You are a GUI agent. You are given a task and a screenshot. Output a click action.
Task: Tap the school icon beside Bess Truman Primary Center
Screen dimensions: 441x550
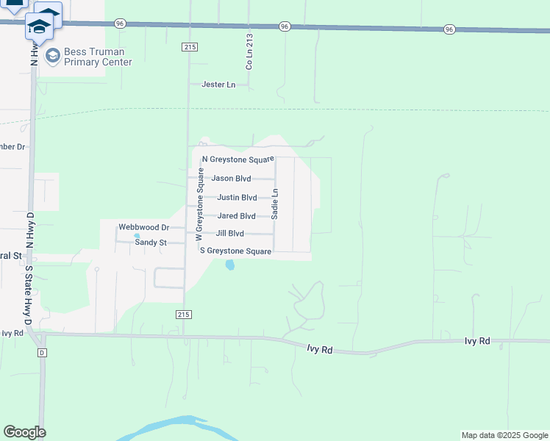pyautogui.click(x=52, y=56)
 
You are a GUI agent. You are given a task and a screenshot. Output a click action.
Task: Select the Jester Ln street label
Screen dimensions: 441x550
pyautogui.click(x=218, y=85)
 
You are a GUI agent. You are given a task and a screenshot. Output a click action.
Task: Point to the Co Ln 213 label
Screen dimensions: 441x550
pyautogui.click(x=249, y=51)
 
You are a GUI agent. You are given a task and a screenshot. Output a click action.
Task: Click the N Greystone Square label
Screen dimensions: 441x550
pyautogui.click(x=238, y=159)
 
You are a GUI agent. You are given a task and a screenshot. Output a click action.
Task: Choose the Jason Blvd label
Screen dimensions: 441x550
pyautogui.click(x=231, y=178)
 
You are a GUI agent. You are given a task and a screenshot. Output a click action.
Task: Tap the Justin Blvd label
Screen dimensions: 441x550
pyautogui.click(x=237, y=197)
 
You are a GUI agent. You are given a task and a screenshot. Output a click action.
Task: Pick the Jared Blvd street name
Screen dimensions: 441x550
pyautogui.click(x=236, y=216)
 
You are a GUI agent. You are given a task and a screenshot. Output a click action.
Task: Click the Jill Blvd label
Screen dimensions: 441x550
pyautogui.click(x=229, y=234)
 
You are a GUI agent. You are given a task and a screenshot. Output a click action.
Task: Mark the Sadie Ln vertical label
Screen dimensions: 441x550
pyautogui.click(x=275, y=204)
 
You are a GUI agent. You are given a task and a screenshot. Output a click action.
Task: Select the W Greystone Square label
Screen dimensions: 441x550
pyautogui.click(x=199, y=204)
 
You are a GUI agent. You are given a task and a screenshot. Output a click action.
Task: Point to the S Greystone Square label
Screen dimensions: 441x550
pyautogui.click(x=236, y=251)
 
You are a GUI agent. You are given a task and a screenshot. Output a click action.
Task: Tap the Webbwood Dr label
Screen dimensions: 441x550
pyautogui.click(x=144, y=228)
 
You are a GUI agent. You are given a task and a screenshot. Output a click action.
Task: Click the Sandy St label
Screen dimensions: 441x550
pyautogui.click(x=151, y=242)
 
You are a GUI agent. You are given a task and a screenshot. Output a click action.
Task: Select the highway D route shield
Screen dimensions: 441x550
pyautogui.click(x=42, y=353)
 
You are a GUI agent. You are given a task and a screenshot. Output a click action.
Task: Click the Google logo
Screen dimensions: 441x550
pyautogui.click(x=24, y=432)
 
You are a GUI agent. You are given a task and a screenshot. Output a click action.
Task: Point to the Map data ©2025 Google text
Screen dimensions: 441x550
pyautogui.click(x=504, y=435)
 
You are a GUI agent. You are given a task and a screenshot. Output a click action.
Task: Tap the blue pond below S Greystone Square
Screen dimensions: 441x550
pyautogui.click(x=230, y=265)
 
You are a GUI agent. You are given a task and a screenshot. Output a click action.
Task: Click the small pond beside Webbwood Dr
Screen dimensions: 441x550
pyautogui.click(x=137, y=236)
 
